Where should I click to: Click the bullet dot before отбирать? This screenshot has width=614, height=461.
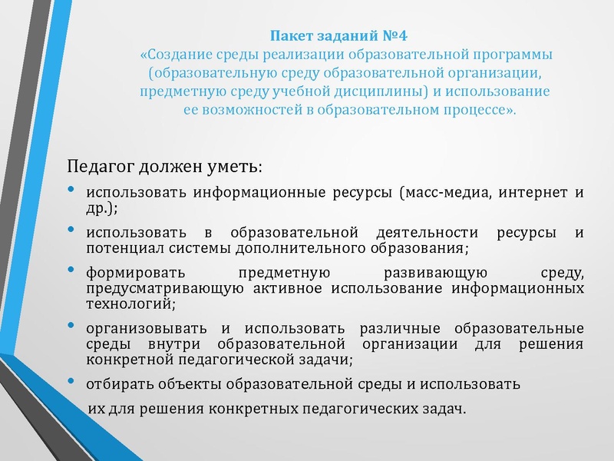pos(71,381)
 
